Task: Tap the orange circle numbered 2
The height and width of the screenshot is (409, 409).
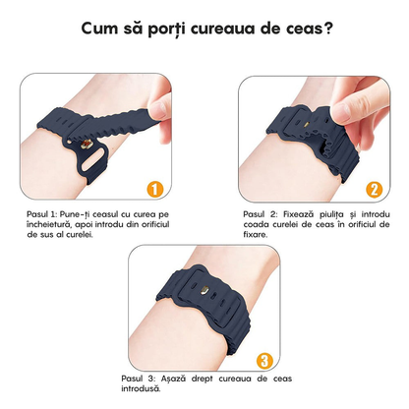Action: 374,188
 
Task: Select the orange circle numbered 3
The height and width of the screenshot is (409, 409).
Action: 263,360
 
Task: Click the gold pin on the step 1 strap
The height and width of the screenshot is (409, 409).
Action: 93,157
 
